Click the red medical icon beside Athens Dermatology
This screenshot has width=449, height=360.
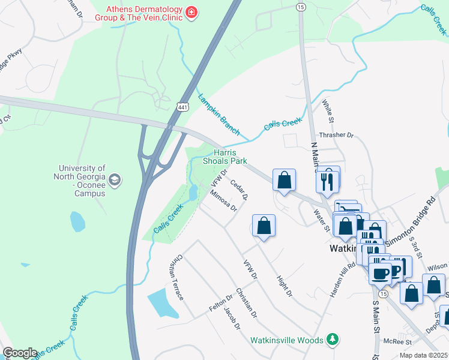(x=191, y=12)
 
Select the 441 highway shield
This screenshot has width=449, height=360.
(x=182, y=106)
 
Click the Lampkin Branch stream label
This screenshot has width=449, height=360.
(x=219, y=115)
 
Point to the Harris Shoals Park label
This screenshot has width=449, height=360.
(x=224, y=157)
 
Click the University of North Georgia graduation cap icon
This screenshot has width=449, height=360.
(x=115, y=179)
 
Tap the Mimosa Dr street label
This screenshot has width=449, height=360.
(x=224, y=201)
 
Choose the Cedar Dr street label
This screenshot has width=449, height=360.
(x=239, y=188)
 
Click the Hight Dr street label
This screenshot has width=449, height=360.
(x=284, y=286)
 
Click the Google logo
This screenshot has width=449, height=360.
(x=20, y=353)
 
